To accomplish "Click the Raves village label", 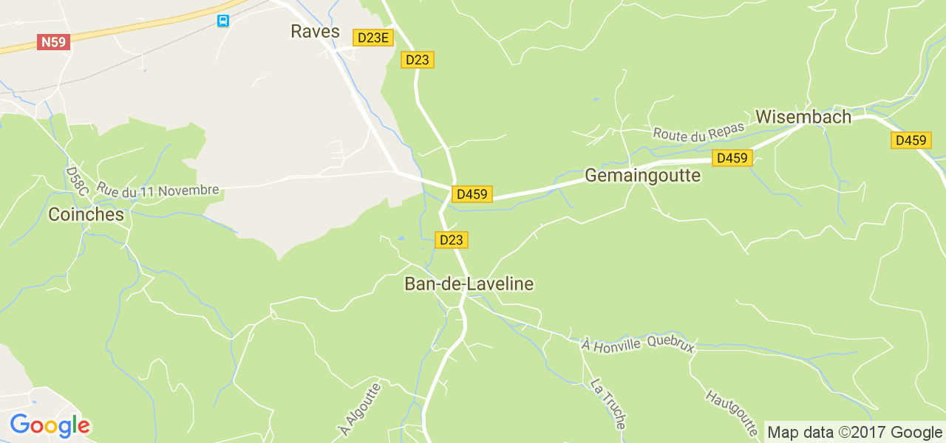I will (315, 31).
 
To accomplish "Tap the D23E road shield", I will (372, 38).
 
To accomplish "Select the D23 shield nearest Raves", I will (418, 60).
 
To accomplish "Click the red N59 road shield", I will (54, 42).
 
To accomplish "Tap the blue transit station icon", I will (223, 21).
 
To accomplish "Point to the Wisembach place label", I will (803, 117).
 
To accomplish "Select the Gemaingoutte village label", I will (642, 176).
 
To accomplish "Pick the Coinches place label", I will (86, 214).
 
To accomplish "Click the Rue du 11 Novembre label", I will (158, 190).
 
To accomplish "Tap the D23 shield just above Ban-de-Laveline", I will (451, 240).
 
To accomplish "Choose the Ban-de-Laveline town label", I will (469, 284).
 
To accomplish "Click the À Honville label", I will (611, 343).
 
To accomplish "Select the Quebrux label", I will (671, 343).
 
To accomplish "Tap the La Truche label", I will (608, 403).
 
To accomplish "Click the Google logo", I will (50, 426).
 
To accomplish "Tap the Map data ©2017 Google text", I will (854, 432).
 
